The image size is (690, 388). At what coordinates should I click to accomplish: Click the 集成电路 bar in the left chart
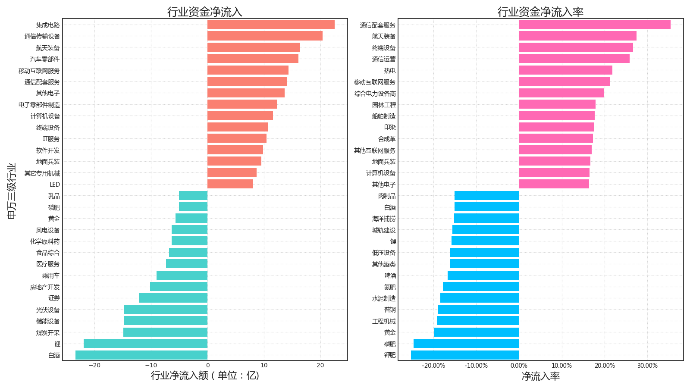pos(271,25)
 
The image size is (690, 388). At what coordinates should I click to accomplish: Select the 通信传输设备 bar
pos(265,36)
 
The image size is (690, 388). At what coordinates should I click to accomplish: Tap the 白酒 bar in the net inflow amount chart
pos(141,355)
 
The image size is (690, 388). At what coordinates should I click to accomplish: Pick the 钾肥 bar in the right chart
pos(465,355)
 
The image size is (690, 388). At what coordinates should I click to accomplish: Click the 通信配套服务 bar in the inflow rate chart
pos(594,25)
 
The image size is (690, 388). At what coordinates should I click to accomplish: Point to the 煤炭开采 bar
pos(165,332)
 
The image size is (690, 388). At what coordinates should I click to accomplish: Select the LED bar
pos(230,184)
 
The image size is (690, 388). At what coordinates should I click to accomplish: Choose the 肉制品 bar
pos(486,196)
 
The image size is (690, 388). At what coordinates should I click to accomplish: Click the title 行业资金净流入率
pos(540,12)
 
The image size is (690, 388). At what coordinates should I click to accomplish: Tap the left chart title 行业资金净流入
pos(205,12)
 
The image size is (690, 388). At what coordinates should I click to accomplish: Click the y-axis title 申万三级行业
pos(12,191)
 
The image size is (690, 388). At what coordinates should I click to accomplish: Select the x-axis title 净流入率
pos(540,376)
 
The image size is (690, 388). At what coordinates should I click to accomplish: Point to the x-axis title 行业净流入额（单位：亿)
pos(205,375)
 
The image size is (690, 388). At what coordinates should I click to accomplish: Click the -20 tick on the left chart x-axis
pos(94,366)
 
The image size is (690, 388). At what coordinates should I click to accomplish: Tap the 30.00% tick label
pos(647,366)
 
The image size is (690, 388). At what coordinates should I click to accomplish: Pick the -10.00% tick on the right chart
pos(476,366)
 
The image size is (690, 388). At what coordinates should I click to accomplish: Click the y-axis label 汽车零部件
pos(45,59)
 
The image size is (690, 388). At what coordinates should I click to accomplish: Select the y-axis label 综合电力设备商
pos(375,93)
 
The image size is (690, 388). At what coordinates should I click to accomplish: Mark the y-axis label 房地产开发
pos(45,287)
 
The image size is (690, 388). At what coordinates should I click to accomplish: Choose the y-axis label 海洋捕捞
pos(383,219)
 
